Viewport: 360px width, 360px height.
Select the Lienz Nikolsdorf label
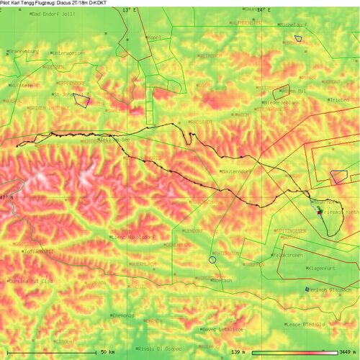[134, 236]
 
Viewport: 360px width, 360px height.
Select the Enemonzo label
[124, 315]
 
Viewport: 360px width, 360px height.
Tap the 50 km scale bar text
[107, 352]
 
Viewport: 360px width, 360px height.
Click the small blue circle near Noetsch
[212, 259]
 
